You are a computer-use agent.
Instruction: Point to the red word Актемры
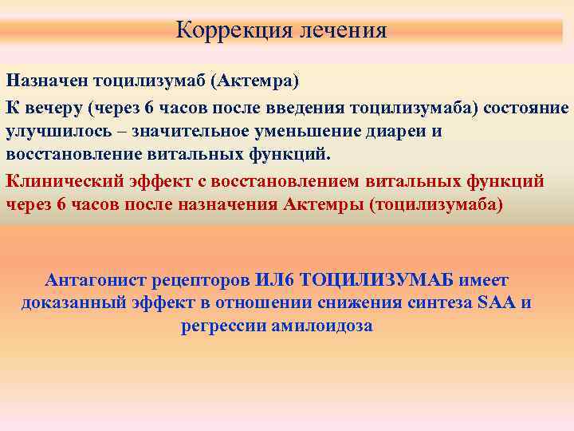(323, 204)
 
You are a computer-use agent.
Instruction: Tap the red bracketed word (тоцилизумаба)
(437, 204)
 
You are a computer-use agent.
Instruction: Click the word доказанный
(74, 303)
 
